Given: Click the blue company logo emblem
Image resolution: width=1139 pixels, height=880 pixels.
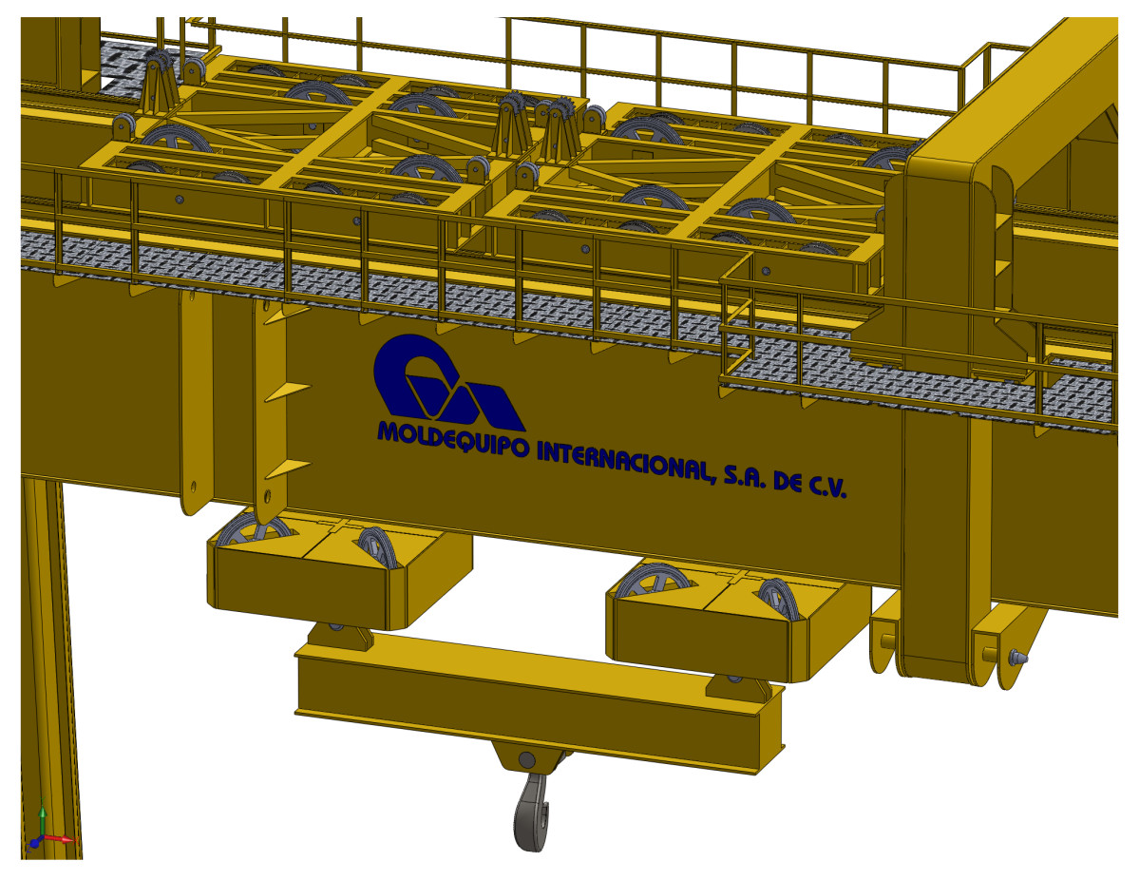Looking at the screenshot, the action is (446, 380).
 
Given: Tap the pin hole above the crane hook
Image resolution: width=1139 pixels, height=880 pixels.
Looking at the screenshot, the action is (526, 760).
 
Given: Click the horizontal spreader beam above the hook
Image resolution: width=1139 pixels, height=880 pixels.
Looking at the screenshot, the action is (539, 698).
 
